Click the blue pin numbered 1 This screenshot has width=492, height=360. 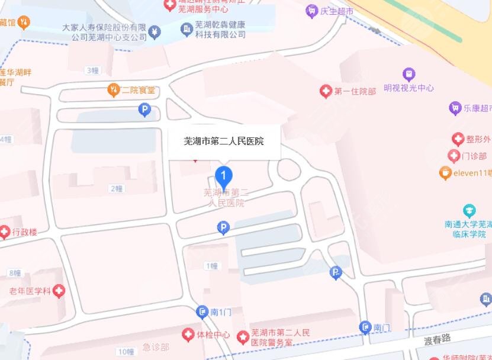coord(223,176)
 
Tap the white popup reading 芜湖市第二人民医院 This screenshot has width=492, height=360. coord(224,142)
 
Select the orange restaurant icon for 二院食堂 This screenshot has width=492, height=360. coord(112,90)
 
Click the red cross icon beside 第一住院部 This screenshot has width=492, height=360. coord(325,91)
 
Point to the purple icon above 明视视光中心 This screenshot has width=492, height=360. coord(409,75)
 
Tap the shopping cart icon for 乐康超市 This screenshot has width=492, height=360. coord(455,108)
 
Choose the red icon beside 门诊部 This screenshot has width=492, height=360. coord(454,156)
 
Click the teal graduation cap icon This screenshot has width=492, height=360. coord(469,210)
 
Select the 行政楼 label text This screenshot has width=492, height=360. coord(24,232)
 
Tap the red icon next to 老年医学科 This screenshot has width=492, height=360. coord(59,291)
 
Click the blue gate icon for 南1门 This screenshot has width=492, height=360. coord(202,312)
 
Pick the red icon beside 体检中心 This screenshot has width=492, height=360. coord(188,335)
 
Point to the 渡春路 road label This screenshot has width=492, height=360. coord(438,338)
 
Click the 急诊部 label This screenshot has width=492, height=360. coord(156,347)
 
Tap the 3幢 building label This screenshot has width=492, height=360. coord(92,70)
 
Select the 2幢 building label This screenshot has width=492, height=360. coord(116,188)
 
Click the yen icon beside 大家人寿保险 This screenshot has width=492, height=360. coord(155,31)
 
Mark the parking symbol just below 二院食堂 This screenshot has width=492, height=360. coord(144,110)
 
